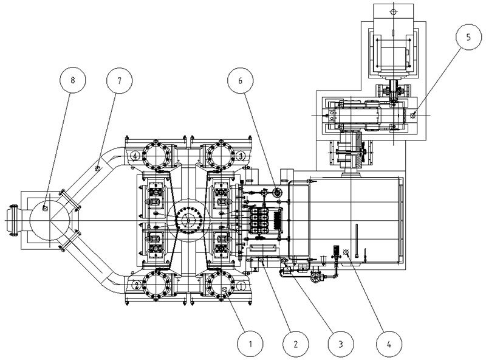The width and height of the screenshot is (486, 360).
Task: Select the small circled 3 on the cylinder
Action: point(241,156)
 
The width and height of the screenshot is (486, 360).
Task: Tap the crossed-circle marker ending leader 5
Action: point(413,115)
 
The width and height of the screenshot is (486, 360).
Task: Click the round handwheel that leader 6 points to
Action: point(278,193)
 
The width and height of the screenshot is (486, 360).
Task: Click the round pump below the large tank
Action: point(315,277)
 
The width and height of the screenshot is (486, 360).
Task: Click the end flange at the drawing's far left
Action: point(11,220)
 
